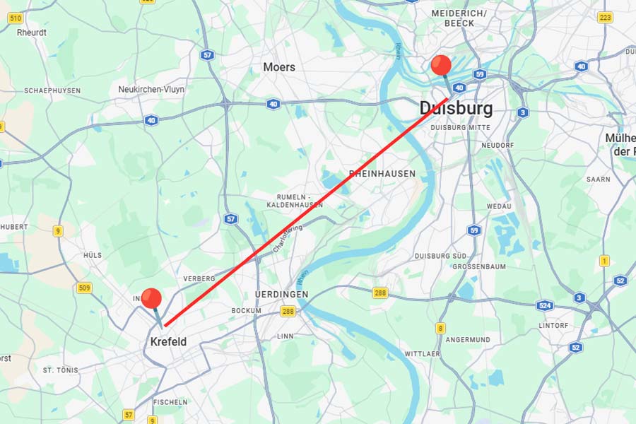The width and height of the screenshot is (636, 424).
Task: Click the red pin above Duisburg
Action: (441, 66)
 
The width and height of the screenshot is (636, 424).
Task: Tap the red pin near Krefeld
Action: (151, 299)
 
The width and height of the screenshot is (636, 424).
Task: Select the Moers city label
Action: (279, 67)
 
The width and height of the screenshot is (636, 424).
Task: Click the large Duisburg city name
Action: (456, 108)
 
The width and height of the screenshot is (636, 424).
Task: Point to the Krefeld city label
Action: (168, 342)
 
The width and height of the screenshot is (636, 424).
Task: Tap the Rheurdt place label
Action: (31, 33)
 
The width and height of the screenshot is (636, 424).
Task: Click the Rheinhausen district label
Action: (382, 173)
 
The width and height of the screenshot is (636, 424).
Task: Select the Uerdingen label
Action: (281, 294)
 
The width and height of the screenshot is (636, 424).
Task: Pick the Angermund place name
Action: (468, 340)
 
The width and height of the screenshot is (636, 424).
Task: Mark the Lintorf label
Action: (553, 326)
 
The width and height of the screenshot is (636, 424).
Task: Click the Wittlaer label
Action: (422, 353)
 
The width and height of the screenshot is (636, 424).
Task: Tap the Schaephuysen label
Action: (52, 90)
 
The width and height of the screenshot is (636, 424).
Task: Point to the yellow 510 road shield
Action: (15, 17)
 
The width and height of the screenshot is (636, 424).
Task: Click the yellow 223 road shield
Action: (605, 17)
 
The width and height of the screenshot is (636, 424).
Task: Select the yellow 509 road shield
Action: (85, 288)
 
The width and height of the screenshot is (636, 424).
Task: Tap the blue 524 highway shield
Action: (544, 306)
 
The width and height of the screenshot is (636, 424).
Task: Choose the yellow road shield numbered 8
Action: (440, 328)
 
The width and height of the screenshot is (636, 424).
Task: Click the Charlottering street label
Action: (288, 238)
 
